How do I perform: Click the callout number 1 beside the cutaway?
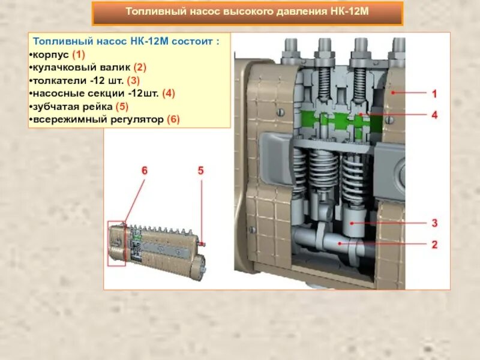pos(434,94)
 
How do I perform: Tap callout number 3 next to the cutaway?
pos(434,223)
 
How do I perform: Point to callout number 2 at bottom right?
pos(434,244)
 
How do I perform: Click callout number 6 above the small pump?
pos(144,171)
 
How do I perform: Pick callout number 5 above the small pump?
pos(201,171)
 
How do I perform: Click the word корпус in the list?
pos(50,55)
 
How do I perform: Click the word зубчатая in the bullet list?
pos(53,106)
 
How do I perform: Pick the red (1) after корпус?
pos(79,55)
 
